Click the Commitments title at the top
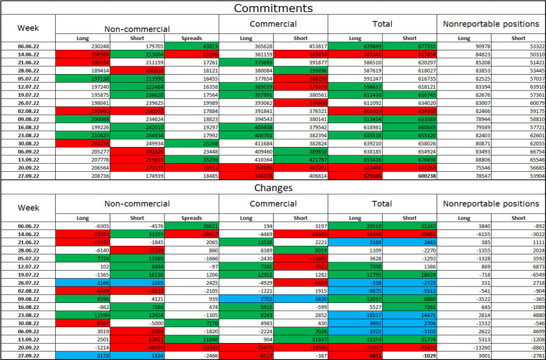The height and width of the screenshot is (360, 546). [x=273, y=8]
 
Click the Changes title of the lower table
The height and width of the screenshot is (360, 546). [x=273, y=188]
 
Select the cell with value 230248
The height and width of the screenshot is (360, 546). [x=83, y=46]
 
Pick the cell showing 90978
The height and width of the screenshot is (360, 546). [x=464, y=46]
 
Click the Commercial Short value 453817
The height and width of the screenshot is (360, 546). [x=301, y=46]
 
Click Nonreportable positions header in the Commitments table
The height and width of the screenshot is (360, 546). [x=491, y=24]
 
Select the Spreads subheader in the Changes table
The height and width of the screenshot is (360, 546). [x=192, y=218]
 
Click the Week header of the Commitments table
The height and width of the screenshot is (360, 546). [x=28, y=28]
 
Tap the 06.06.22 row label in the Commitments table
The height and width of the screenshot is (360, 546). [x=28, y=46]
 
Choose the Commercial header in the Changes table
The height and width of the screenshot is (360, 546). [x=273, y=204]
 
